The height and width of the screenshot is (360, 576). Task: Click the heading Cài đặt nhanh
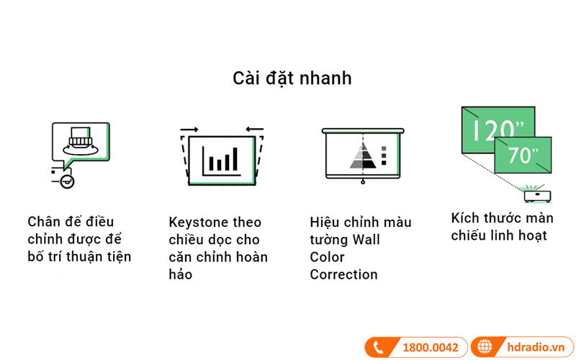point(292,78)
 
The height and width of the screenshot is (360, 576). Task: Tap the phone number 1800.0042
point(430,348)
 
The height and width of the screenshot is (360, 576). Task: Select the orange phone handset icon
point(379,348)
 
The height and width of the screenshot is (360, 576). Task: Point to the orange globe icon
point(485,348)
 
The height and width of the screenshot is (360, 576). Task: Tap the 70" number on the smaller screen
point(523,154)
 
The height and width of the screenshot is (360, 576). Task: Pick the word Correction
point(343,274)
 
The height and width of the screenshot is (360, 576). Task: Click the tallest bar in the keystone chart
point(234,159)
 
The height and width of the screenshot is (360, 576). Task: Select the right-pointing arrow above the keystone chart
point(189,130)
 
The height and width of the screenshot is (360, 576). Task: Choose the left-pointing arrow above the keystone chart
point(254,130)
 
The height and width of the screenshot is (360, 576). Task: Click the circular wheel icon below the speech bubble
point(67,181)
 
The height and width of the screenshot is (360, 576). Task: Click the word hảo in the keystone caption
point(181,274)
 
